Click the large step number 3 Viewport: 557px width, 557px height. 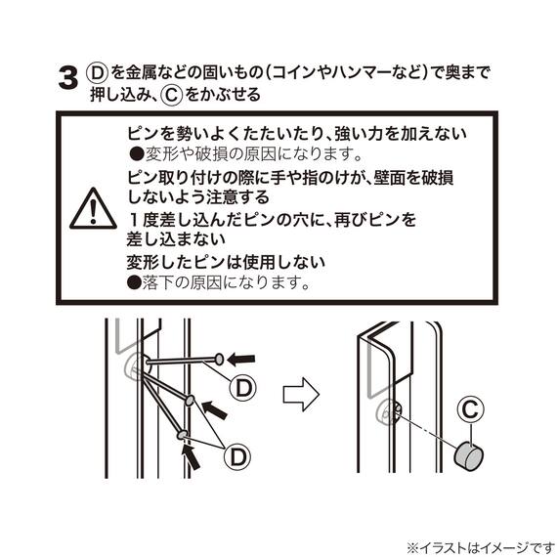(67, 78)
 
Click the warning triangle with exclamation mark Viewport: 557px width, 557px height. (93, 209)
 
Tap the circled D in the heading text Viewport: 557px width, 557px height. (97, 73)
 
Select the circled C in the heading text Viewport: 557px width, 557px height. (172, 95)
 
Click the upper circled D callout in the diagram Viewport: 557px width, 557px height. (243, 388)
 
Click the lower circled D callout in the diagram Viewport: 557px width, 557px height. (237, 456)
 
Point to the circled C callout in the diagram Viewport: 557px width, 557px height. (470, 409)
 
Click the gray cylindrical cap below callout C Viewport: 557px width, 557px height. (469, 454)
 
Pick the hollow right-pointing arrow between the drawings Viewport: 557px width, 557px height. (301, 395)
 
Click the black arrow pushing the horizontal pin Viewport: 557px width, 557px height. (240, 360)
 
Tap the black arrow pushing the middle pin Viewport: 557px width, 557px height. (214, 409)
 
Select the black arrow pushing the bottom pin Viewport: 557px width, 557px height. (191, 456)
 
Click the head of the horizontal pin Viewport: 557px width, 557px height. (219, 360)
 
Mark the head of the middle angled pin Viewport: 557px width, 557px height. (189, 400)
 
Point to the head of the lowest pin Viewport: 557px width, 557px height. (183, 435)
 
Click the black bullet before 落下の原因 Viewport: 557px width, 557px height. (134, 282)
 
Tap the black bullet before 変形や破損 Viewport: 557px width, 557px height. (137, 154)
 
